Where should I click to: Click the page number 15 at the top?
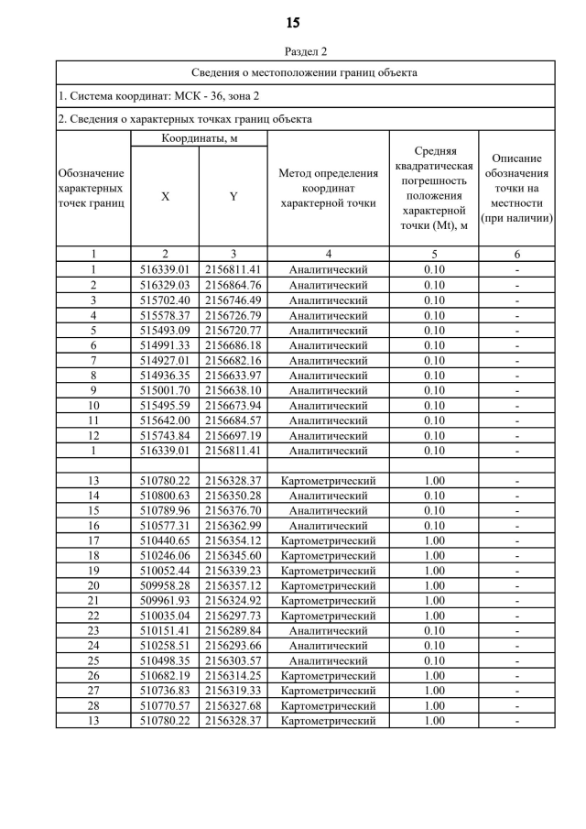pyautogui.click(x=293, y=22)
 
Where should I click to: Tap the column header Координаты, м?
pyautogui.click(x=198, y=137)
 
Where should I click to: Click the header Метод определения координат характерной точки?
pyautogui.click(x=328, y=188)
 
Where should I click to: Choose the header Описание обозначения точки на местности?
pyautogui.click(x=517, y=188)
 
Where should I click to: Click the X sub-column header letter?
pyautogui.click(x=165, y=196)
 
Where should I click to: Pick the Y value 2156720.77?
pyautogui.click(x=233, y=331)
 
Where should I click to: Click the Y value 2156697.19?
pyautogui.click(x=233, y=436)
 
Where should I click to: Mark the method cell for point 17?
pyautogui.click(x=328, y=540)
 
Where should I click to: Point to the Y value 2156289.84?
pyautogui.click(x=233, y=630)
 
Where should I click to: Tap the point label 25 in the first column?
pyautogui.click(x=93, y=660)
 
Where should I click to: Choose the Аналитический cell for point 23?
pyautogui.click(x=328, y=630)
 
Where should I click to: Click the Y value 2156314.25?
pyautogui.click(x=233, y=676)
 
